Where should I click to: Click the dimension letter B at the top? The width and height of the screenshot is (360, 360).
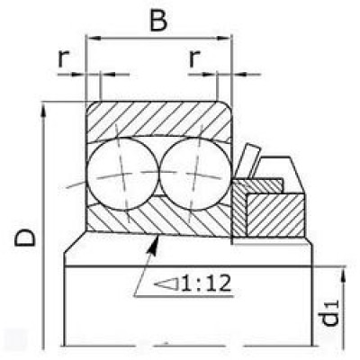click(x=158, y=22)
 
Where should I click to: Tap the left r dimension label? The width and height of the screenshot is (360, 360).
click(x=63, y=58)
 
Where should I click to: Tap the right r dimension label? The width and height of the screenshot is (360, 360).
click(x=194, y=58)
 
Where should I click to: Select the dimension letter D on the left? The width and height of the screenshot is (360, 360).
click(x=25, y=238)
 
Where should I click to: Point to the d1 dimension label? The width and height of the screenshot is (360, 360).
click(x=329, y=313)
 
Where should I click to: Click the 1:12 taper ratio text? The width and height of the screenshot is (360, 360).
click(x=206, y=283)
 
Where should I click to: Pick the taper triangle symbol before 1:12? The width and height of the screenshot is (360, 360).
click(x=166, y=283)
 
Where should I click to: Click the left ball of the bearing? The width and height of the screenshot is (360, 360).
click(x=122, y=175)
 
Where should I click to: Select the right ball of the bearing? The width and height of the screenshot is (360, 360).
click(x=195, y=175)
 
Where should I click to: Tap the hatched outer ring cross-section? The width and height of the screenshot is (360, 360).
click(x=158, y=119)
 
